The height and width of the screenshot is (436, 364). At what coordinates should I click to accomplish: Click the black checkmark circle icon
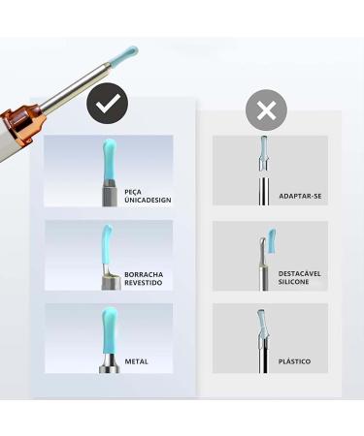point(108,104)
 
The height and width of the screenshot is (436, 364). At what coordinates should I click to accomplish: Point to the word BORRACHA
point(143,274)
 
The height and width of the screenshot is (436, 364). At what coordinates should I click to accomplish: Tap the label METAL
point(136,360)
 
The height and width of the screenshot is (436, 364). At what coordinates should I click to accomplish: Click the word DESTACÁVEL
point(299,273)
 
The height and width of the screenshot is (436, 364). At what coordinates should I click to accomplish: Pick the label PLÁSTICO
point(294,360)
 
